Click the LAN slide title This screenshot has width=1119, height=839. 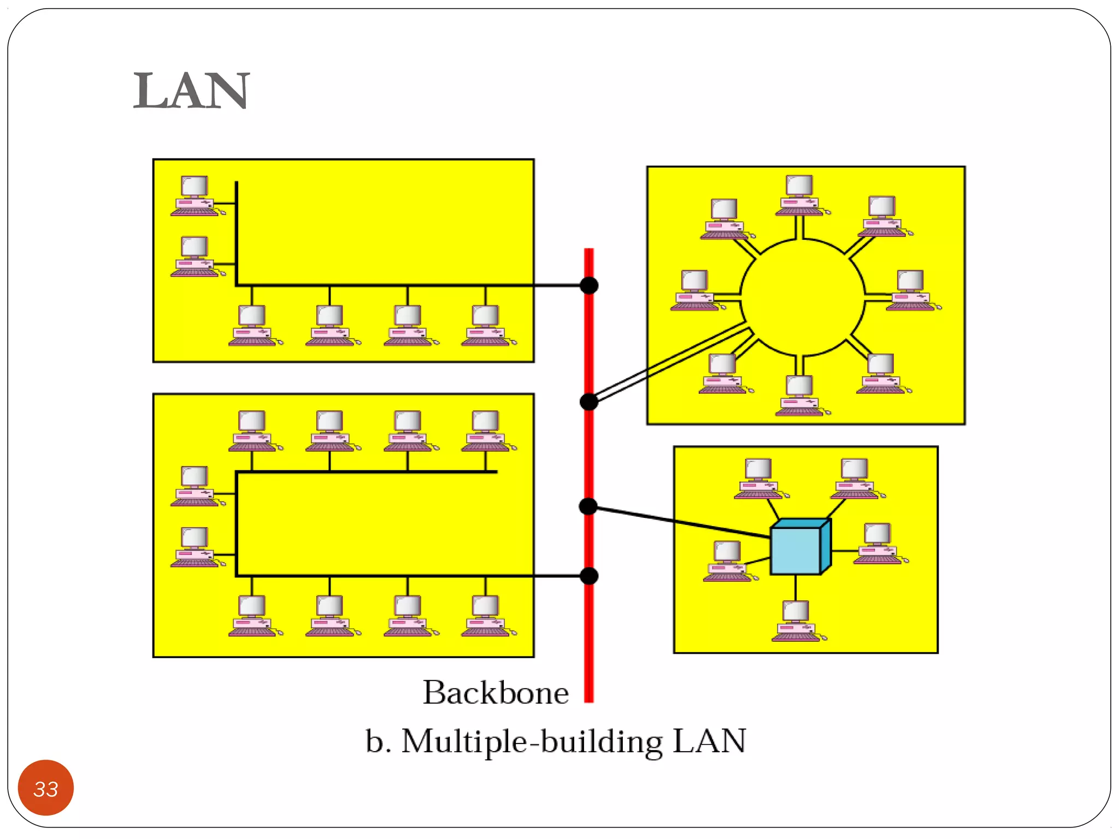click(x=191, y=91)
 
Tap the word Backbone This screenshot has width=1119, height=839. click(x=496, y=693)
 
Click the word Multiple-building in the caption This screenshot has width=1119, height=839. click(x=532, y=742)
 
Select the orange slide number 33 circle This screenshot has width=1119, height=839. click(x=46, y=788)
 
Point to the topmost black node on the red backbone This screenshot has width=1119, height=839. click(x=589, y=285)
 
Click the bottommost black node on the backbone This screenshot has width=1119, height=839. click(x=589, y=576)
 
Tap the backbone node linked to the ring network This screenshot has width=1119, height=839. click(x=589, y=402)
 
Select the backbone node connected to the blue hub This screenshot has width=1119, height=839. click(x=588, y=506)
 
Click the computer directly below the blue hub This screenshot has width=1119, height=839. click(x=796, y=621)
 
